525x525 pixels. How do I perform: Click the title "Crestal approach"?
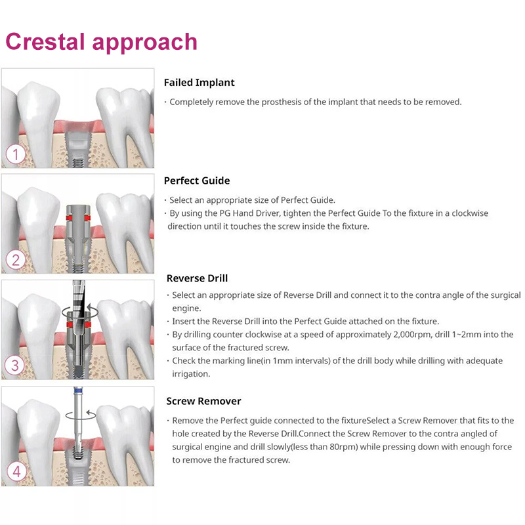tap(101, 43)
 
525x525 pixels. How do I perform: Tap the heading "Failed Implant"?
tap(199, 83)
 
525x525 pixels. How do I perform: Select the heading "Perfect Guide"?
tap(197, 180)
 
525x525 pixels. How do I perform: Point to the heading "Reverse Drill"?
tap(198, 278)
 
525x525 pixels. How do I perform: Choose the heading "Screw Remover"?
tap(203, 401)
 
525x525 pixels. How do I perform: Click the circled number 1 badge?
tap(15, 154)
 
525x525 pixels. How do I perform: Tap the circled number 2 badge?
tap(15, 260)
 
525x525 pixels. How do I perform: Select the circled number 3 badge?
tap(14, 365)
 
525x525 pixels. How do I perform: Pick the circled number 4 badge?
tap(16, 471)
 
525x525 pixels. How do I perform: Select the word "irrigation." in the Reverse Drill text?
tap(191, 374)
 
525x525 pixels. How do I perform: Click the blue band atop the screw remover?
tap(78, 390)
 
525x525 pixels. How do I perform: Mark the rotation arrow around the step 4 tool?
tap(80, 415)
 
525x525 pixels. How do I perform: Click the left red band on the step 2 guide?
tap(69, 218)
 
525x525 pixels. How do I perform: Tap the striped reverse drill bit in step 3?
tap(79, 311)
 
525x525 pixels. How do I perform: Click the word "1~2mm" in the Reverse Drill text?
tap(465, 335)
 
